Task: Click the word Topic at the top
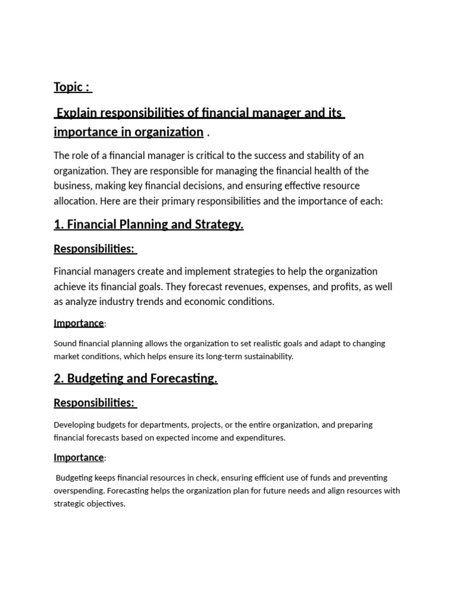click(x=68, y=87)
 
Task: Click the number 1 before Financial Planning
click(x=58, y=225)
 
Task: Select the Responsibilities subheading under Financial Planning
click(x=94, y=248)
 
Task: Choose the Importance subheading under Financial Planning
click(x=79, y=323)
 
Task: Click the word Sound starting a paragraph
click(x=65, y=344)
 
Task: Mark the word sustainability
click(x=266, y=356)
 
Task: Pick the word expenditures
click(x=259, y=438)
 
